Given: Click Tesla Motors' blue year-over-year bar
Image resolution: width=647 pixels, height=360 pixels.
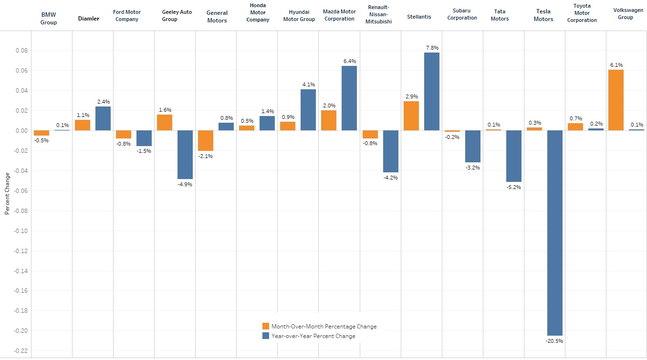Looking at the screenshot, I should tap(554, 233).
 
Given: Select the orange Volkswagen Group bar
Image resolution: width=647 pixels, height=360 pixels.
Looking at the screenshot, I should tap(616, 100).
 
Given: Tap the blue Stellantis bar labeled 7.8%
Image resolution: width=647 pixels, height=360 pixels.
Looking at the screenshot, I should tap(431, 91).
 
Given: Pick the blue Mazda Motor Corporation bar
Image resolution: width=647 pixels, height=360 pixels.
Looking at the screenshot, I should tap(349, 98).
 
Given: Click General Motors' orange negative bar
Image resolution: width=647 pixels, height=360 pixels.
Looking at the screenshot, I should tap(206, 140).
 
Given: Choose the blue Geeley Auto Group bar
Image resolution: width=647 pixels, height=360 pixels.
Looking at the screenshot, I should tap(185, 155).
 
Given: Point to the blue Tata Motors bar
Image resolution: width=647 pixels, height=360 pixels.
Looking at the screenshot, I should tap(513, 156).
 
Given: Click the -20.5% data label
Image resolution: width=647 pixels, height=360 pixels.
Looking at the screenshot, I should tap(554, 341).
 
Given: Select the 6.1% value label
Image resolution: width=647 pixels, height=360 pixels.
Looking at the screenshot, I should tap(616, 65).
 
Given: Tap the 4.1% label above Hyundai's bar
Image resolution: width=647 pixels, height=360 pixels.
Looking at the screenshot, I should tap(308, 85).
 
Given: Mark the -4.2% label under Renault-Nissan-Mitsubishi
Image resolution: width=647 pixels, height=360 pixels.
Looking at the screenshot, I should tap(390, 178).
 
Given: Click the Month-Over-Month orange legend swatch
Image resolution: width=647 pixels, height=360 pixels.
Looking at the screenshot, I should tap(266, 326).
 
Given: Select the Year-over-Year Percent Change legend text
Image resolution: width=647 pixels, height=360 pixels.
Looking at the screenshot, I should tap(313, 336).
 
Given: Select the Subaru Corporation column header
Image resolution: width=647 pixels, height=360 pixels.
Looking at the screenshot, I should tap(462, 14).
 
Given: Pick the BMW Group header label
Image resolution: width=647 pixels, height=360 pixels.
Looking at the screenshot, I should tap(49, 19).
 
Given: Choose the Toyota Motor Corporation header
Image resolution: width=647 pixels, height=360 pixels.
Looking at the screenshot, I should tap(582, 13).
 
